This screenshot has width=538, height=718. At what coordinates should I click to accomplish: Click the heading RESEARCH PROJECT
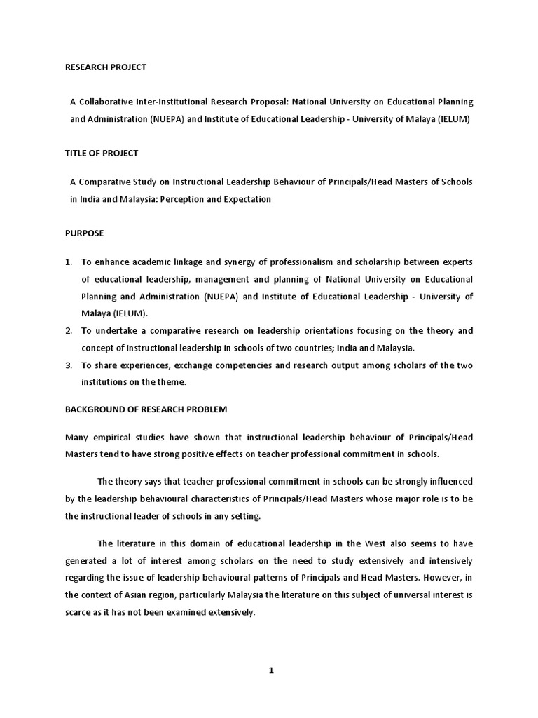(106, 67)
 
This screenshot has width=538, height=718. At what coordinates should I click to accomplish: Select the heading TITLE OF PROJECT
(102, 153)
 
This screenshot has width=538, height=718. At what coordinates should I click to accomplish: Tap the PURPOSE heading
(85, 233)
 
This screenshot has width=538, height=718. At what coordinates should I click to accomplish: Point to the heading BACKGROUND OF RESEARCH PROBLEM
(146, 409)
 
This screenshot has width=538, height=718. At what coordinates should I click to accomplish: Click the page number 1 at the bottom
(272, 670)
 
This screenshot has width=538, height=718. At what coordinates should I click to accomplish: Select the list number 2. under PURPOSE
(69, 330)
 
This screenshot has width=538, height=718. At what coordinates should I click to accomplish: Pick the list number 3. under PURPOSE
(69, 365)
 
